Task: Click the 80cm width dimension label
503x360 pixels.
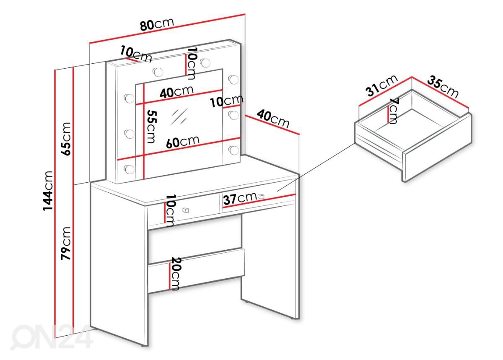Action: (157, 24)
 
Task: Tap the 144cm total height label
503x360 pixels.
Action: (48, 191)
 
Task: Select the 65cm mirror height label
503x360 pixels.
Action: (66, 139)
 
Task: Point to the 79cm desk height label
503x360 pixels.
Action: (66, 243)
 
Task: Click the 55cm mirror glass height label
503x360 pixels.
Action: (151, 127)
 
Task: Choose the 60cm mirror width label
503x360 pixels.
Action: (183, 142)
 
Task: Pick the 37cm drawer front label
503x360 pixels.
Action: (240, 198)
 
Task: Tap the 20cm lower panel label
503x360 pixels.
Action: (176, 274)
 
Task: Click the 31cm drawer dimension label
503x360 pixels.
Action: (381, 85)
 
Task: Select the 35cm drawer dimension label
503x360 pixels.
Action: (443, 87)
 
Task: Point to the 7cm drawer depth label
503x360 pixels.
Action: (393, 111)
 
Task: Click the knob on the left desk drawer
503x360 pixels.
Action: (185, 210)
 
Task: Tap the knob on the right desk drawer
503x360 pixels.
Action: (261, 196)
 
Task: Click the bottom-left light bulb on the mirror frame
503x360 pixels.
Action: (129, 169)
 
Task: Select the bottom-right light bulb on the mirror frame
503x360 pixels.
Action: (233, 150)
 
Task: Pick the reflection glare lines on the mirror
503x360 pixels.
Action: (179, 117)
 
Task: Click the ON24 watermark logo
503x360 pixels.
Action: (52, 337)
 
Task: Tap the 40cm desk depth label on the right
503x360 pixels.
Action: (273, 119)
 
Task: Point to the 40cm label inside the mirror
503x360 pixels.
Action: (176, 92)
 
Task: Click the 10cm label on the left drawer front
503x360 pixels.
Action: (170, 211)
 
